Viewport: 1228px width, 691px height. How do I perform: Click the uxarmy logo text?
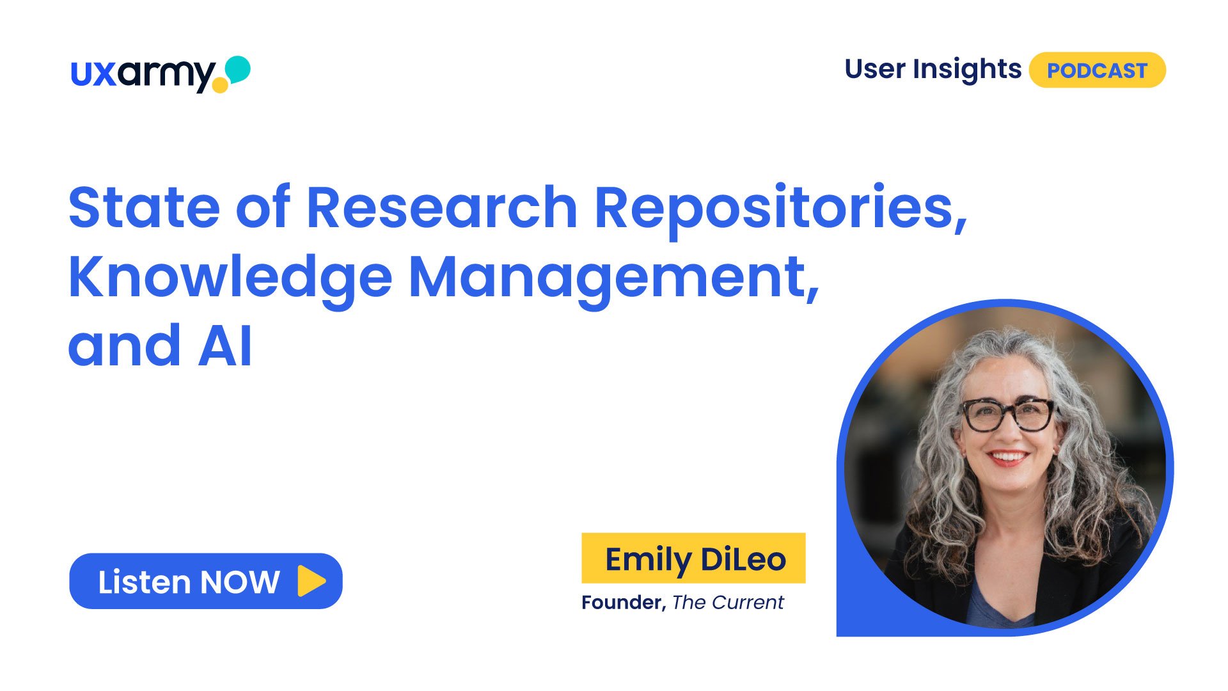click(x=142, y=75)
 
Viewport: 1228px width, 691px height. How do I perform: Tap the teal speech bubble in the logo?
click(x=238, y=68)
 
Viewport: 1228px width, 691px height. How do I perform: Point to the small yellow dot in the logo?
click(x=219, y=85)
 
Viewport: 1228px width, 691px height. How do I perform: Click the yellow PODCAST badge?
click(x=1097, y=70)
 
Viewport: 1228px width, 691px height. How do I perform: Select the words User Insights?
click(x=933, y=69)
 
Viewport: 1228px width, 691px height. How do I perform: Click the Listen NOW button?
click(x=206, y=581)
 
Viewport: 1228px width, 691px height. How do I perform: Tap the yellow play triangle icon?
click(x=311, y=581)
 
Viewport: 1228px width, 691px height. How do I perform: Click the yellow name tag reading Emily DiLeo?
click(x=693, y=558)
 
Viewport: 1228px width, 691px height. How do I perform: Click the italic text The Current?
click(x=728, y=603)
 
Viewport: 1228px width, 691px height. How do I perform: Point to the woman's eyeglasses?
click(x=1009, y=414)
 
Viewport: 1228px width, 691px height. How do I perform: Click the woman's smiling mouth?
click(x=1008, y=457)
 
